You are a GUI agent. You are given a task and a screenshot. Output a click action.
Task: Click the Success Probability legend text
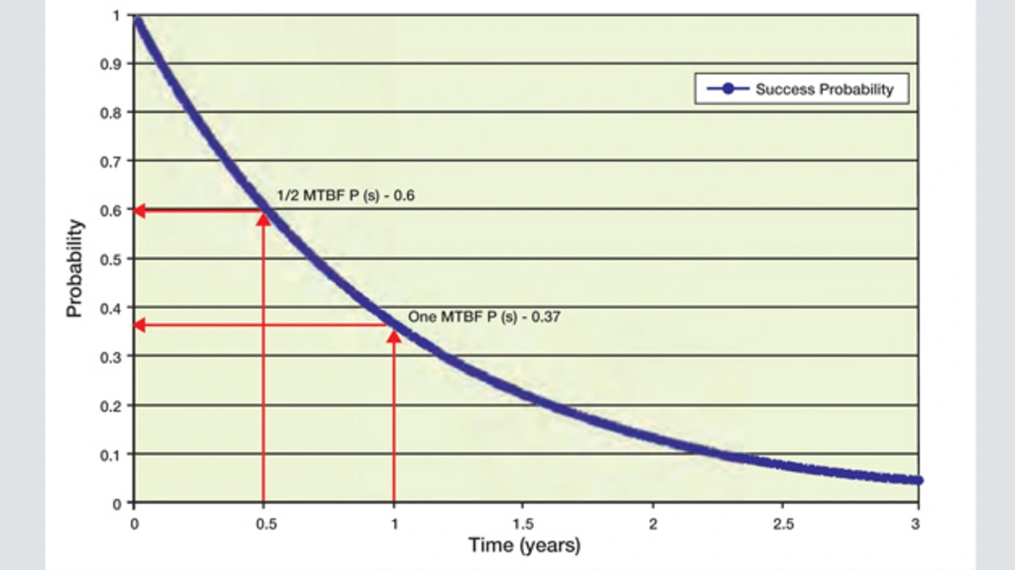[824, 89]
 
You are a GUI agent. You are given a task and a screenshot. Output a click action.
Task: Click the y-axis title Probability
[75, 268]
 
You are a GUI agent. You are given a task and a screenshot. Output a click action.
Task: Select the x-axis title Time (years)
[524, 545]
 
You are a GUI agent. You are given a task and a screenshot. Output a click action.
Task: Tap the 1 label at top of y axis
[118, 15]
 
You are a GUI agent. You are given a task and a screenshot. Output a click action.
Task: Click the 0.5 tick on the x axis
[263, 523]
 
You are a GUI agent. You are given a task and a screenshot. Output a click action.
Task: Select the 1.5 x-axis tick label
[523, 523]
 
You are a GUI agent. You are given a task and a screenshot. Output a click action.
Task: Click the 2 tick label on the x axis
[653, 523]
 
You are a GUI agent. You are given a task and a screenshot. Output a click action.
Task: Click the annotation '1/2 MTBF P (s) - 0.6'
[346, 194]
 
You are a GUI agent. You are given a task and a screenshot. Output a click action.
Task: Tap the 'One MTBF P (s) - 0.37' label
[485, 316]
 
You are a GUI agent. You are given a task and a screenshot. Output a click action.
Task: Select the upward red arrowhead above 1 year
[394, 335]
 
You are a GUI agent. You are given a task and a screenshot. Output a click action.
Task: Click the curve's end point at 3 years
[917, 480]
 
